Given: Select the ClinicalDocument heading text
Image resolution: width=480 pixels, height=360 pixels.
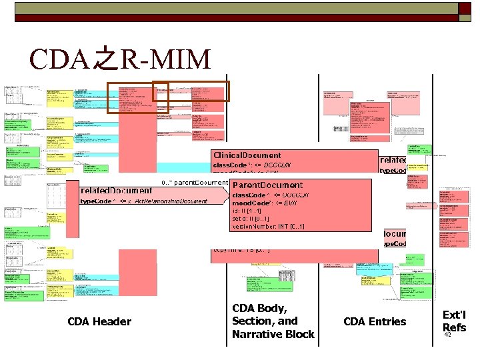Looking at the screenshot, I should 247,155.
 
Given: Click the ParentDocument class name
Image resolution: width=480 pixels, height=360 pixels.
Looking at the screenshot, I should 267,185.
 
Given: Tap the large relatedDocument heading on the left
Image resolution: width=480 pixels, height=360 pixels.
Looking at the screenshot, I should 116,190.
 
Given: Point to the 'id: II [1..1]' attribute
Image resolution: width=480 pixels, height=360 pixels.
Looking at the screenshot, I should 247,211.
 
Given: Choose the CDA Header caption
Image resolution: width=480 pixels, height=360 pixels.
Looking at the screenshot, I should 99,322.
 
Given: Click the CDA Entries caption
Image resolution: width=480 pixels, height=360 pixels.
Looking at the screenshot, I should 374,322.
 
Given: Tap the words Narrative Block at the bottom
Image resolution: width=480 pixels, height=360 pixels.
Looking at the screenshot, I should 273,334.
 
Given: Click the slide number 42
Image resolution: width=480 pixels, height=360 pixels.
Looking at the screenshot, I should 447,335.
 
